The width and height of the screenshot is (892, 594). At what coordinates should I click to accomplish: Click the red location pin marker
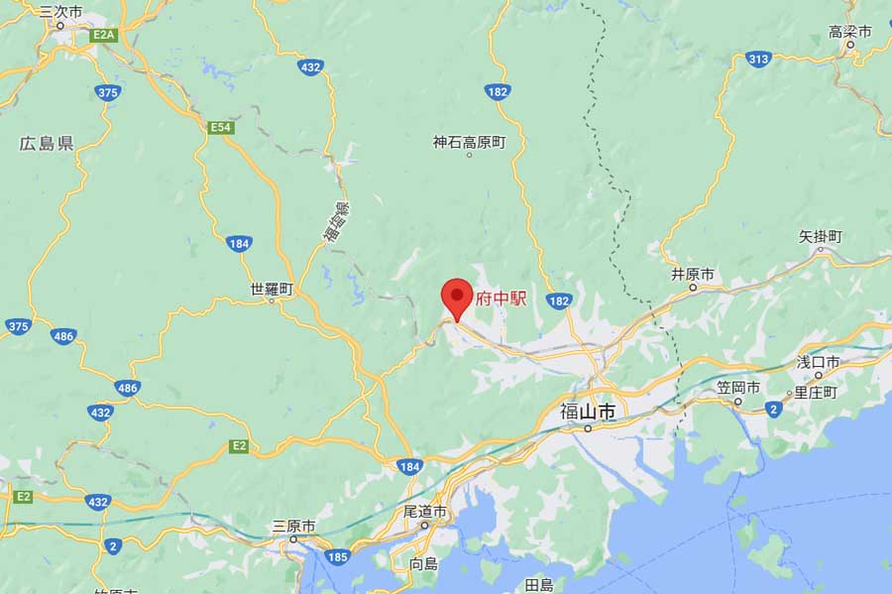(x=456, y=297)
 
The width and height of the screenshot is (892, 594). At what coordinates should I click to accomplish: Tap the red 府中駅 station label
(x=502, y=298)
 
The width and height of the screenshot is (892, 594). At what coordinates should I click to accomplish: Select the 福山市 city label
(x=588, y=411)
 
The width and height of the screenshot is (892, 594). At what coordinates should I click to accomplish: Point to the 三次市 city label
(x=60, y=13)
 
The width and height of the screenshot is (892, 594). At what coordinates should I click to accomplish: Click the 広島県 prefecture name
(x=47, y=144)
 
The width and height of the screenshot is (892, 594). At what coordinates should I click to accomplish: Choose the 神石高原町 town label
(x=469, y=143)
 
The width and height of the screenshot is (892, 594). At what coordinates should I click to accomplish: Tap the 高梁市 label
(x=850, y=32)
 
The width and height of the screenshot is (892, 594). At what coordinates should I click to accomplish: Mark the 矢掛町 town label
(x=821, y=237)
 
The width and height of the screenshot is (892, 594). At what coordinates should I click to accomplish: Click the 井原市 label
(x=693, y=274)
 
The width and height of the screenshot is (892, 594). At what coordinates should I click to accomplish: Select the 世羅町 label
(x=272, y=290)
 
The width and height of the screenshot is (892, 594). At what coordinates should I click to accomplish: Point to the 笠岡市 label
(x=738, y=387)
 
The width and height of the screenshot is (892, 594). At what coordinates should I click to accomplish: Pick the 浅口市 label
(x=819, y=362)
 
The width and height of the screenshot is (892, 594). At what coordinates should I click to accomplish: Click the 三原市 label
(x=294, y=526)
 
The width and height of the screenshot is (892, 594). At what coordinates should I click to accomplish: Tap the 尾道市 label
(x=425, y=512)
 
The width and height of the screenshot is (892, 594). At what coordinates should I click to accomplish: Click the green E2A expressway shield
(x=103, y=35)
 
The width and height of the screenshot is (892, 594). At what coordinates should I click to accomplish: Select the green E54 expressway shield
(x=220, y=128)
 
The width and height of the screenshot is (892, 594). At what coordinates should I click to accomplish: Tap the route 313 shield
(x=759, y=59)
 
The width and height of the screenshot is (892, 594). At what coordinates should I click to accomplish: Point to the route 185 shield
(x=337, y=557)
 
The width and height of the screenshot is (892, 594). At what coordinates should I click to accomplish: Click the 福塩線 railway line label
(x=338, y=222)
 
